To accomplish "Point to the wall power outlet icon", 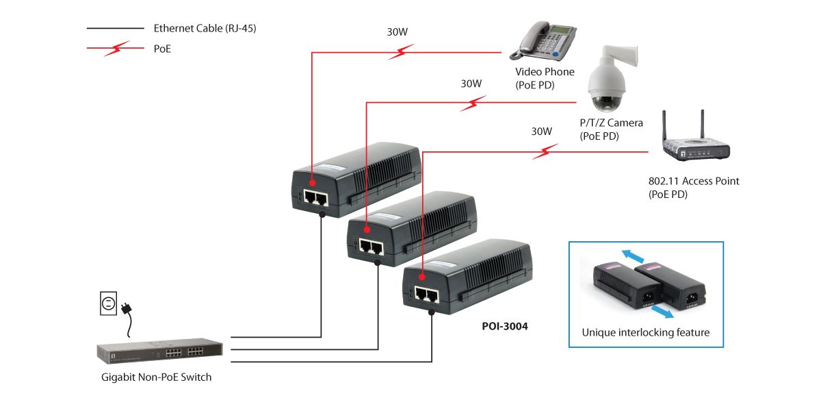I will coord(109,303).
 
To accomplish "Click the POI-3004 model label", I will coord(505,327).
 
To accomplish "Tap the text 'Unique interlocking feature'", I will coord(645,333).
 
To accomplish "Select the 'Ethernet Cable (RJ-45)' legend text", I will coord(205,29).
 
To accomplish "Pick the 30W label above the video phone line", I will coord(398,32).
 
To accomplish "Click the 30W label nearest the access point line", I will coord(541,131).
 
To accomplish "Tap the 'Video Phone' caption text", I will coord(545,72).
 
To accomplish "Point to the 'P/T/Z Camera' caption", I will coord(611,123).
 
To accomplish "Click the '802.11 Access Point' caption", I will coord(694,182).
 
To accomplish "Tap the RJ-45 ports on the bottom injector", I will coord(425,295).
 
